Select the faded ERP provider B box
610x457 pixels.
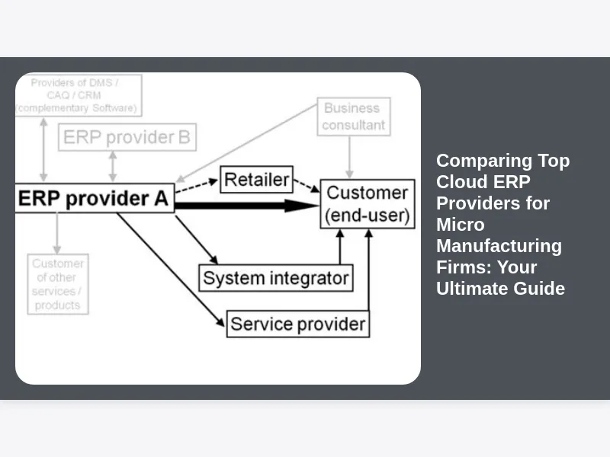[x=127, y=138]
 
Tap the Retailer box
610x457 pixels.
[x=256, y=181]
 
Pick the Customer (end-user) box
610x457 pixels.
[x=368, y=204]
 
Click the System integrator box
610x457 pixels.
[x=275, y=278]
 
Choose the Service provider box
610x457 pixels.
[x=298, y=324]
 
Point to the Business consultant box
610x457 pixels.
[x=354, y=117]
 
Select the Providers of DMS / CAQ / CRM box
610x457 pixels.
[x=77, y=94]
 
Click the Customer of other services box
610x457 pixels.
[x=58, y=284]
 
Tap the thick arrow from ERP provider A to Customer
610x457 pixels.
[x=244, y=205]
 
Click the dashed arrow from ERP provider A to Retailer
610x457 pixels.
[x=197, y=187]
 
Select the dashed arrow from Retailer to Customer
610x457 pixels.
[x=307, y=186]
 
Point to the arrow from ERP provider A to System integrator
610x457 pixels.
[x=196, y=240]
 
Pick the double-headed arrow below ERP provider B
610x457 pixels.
[x=114, y=166]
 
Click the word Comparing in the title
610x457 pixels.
[x=474, y=161]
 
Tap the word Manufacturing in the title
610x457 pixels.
[x=499, y=246]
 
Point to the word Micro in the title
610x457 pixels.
[x=460, y=225]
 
